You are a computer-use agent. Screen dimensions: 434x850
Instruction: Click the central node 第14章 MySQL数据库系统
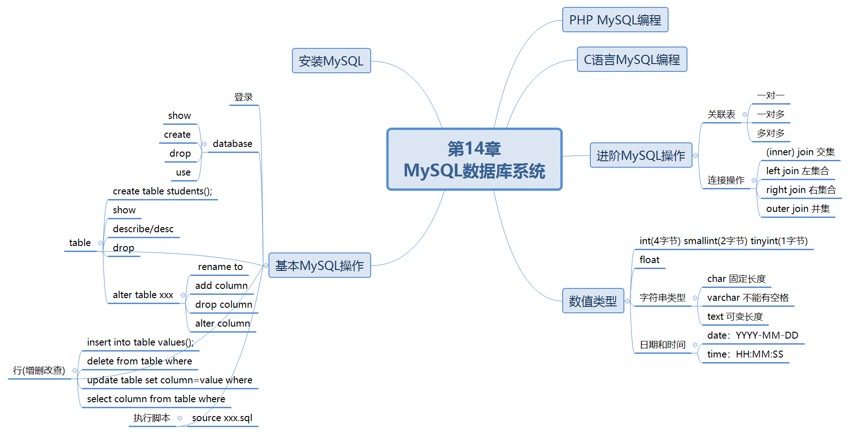tap(474, 159)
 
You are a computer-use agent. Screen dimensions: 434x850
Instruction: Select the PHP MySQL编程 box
tap(615, 20)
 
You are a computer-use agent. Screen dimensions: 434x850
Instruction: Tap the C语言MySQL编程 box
tap(632, 59)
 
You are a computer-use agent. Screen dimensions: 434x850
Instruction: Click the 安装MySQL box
tap(331, 61)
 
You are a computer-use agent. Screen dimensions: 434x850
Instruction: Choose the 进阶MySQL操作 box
tap(641, 155)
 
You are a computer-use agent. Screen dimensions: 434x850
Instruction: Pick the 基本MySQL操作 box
tap(320, 265)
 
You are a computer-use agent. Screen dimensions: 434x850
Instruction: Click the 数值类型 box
tap(593, 301)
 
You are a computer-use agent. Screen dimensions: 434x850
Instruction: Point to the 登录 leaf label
tap(244, 97)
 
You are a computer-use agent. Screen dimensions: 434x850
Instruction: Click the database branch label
tap(233, 144)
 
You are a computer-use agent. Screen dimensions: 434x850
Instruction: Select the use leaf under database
tap(183, 172)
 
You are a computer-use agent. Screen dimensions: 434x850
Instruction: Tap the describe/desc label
tap(143, 229)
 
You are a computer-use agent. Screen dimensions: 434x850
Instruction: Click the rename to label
tap(220, 267)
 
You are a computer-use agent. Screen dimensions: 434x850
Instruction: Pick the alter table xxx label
tap(143, 295)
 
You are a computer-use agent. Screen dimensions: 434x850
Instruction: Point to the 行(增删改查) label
tap(39, 370)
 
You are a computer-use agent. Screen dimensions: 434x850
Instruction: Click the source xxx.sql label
tap(222, 418)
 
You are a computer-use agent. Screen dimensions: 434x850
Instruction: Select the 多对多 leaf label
tap(770, 133)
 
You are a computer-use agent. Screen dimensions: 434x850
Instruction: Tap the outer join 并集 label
tap(798, 209)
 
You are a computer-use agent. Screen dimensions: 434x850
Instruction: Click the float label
tap(649, 260)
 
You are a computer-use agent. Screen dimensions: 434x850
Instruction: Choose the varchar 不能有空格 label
tap(748, 298)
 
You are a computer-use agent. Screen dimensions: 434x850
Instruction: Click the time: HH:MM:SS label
tap(745, 354)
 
